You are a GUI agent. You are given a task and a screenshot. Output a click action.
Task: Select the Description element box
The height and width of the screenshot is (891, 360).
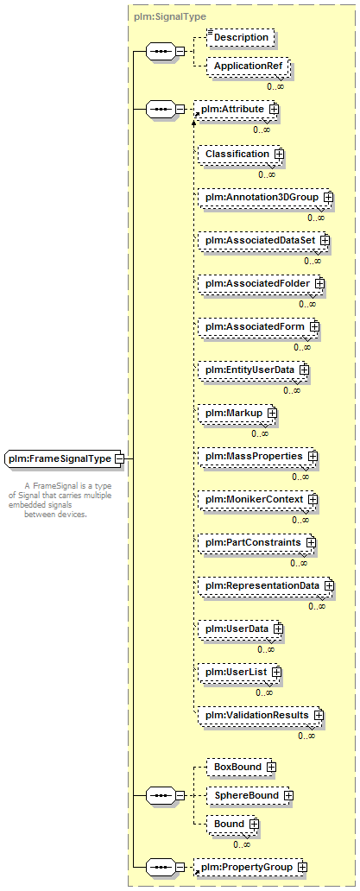(241, 37)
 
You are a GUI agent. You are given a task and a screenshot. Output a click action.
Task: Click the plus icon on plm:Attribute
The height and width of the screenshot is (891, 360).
(273, 107)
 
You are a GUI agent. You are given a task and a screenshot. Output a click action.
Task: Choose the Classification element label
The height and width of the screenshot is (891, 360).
(237, 154)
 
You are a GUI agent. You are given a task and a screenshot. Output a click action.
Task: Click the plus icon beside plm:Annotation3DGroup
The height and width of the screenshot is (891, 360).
(328, 197)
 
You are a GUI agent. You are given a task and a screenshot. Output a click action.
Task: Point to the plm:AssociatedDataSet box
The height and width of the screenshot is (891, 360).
(263, 240)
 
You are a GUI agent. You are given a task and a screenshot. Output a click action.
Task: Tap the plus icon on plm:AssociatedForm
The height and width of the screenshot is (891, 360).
(314, 326)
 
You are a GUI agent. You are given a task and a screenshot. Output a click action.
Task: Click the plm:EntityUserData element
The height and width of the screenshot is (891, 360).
(253, 370)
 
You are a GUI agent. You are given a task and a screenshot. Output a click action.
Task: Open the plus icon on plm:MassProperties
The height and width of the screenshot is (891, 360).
(313, 457)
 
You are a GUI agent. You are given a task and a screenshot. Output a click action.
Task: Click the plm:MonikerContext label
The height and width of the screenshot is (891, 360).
(255, 500)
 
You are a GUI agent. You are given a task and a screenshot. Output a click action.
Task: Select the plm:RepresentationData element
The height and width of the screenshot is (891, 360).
(266, 585)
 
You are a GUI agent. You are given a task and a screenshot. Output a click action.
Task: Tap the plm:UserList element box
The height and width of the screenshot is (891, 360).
(240, 672)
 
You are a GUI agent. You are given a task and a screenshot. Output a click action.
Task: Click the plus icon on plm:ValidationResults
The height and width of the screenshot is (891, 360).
(319, 714)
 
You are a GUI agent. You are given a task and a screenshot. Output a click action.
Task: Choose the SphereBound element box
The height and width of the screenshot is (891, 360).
(249, 795)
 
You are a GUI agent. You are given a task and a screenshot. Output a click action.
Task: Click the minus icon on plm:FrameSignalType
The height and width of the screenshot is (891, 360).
(118, 458)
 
